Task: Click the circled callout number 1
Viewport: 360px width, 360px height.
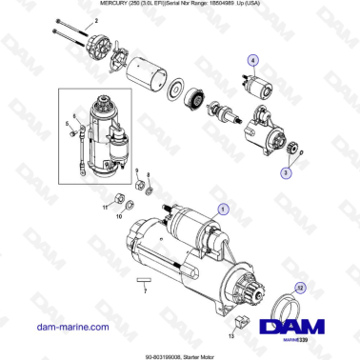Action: tap(224, 206)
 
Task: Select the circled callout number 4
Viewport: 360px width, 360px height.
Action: tap(252, 60)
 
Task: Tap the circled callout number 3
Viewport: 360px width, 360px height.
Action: tap(284, 174)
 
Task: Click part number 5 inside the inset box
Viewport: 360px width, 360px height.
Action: tap(69, 123)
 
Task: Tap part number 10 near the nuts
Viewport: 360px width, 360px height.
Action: tap(120, 216)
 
